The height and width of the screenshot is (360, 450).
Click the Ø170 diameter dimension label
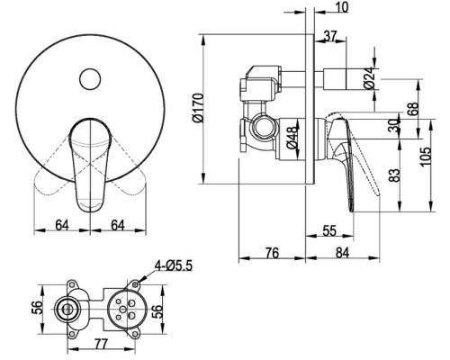(x=199, y=108)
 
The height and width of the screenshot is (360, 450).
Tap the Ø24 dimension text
(x=370, y=77)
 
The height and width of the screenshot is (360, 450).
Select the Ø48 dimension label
(x=292, y=138)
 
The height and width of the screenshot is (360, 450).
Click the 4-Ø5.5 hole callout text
(x=173, y=265)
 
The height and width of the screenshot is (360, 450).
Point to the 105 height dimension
(x=425, y=156)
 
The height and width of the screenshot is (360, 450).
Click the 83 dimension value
(x=395, y=175)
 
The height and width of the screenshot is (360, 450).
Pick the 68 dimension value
(x=413, y=109)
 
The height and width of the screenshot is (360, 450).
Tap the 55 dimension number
(x=329, y=231)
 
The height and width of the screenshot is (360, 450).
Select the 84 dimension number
(x=342, y=253)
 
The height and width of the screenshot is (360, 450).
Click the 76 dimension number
(x=272, y=253)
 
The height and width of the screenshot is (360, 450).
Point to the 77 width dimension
(x=101, y=344)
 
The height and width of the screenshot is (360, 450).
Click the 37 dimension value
(x=330, y=36)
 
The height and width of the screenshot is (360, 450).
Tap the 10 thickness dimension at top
(x=342, y=7)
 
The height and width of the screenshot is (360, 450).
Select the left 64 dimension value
(x=62, y=225)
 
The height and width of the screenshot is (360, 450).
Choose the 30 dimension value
(x=394, y=126)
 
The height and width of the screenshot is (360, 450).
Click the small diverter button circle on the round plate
(x=90, y=79)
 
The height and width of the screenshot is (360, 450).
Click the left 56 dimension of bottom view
(x=38, y=308)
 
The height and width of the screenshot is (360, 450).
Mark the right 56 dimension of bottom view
(x=157, y=312)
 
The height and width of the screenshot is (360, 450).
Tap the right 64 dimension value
(x=118, y=225)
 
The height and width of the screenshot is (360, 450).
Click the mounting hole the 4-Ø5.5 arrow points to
(x=135, y=283)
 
